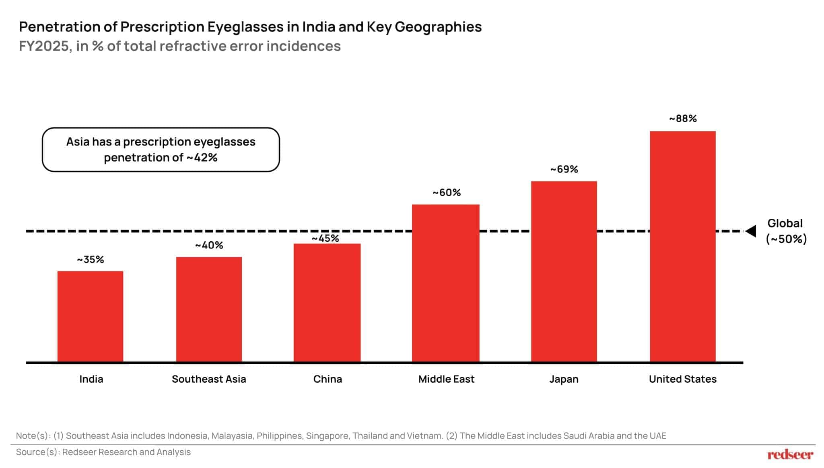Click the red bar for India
[90, 316]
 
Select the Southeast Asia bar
[209, 309]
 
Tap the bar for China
[327, 302]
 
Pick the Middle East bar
[445, 283]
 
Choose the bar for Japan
[564, 271]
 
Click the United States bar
[683, 246]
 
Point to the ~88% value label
[683, 119]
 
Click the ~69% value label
[564, 169]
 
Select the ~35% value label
[91, 260]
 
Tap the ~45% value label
[325, 238]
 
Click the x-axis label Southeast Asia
[209, 379]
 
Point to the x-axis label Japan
[564, 379]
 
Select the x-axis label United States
[682, 379]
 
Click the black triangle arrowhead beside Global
[751, 231]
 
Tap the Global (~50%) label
[786, 231]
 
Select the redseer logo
[790, 455]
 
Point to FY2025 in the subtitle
[44, 46]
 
